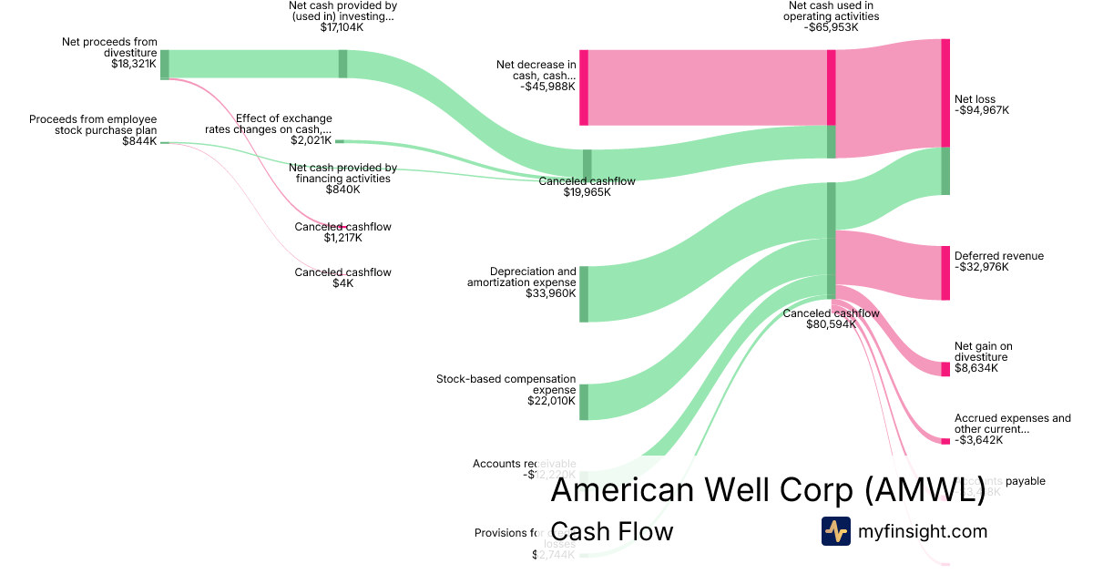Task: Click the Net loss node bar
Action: click(x=945, y=93)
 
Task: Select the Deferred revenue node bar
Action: click(x=945, y=272)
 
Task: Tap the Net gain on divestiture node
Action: click(x=945, y=369)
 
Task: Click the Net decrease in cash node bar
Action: click(x=584, y=87)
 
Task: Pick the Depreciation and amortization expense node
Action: click(x=584, y=294)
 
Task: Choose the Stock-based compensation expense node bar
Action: click(x=584, y=402)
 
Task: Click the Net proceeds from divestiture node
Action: click(x=165, y=65)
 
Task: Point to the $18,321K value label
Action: click(x=134, y=65)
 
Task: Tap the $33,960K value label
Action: click(x=550, y=294)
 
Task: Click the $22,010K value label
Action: click(x=551, y=401)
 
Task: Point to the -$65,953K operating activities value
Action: click(x=833, y=27)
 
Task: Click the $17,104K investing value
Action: click(x=343, y=27)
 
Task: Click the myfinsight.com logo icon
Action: click(x=835, y=531)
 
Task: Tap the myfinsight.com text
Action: click(x=923, y=531)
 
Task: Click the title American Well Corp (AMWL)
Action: click(x=768, y=491)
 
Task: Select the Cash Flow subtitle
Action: click(x=612, y=531)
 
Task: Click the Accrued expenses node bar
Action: click(x=945, y=441)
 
